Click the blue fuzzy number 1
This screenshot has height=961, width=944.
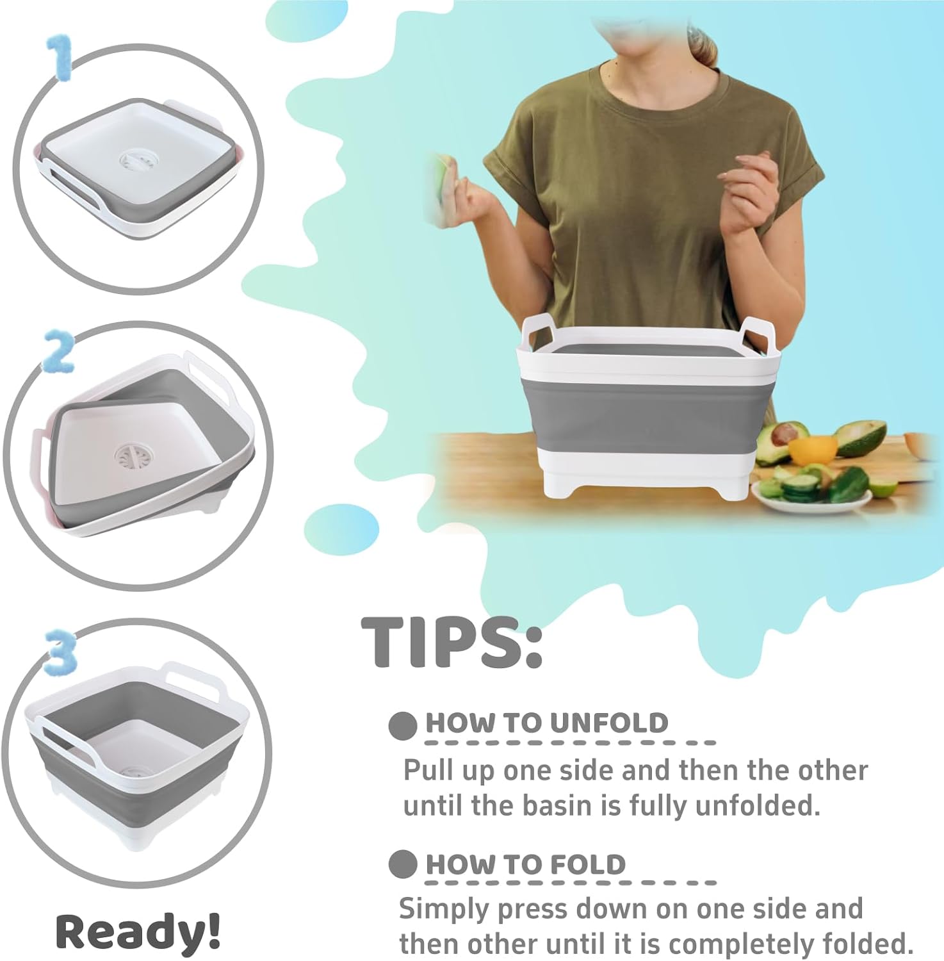(60, 58)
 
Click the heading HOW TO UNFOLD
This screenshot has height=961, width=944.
(546, 723)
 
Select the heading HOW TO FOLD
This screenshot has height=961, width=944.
(525, 864)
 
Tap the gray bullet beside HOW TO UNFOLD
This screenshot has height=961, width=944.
(403, 726)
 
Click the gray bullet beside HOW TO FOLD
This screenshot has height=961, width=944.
(403, 865)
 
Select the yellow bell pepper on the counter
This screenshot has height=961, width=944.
(812, 450)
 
